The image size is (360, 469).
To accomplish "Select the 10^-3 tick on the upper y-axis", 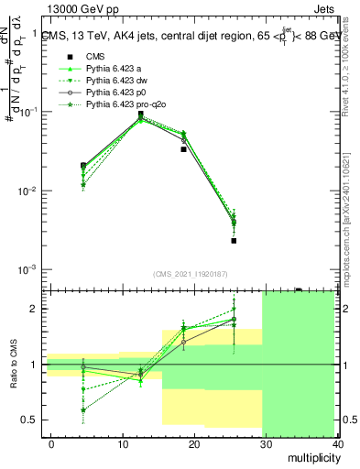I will (x=26, y=270).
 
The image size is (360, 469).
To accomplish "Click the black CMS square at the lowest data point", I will (x=234, y=241).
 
